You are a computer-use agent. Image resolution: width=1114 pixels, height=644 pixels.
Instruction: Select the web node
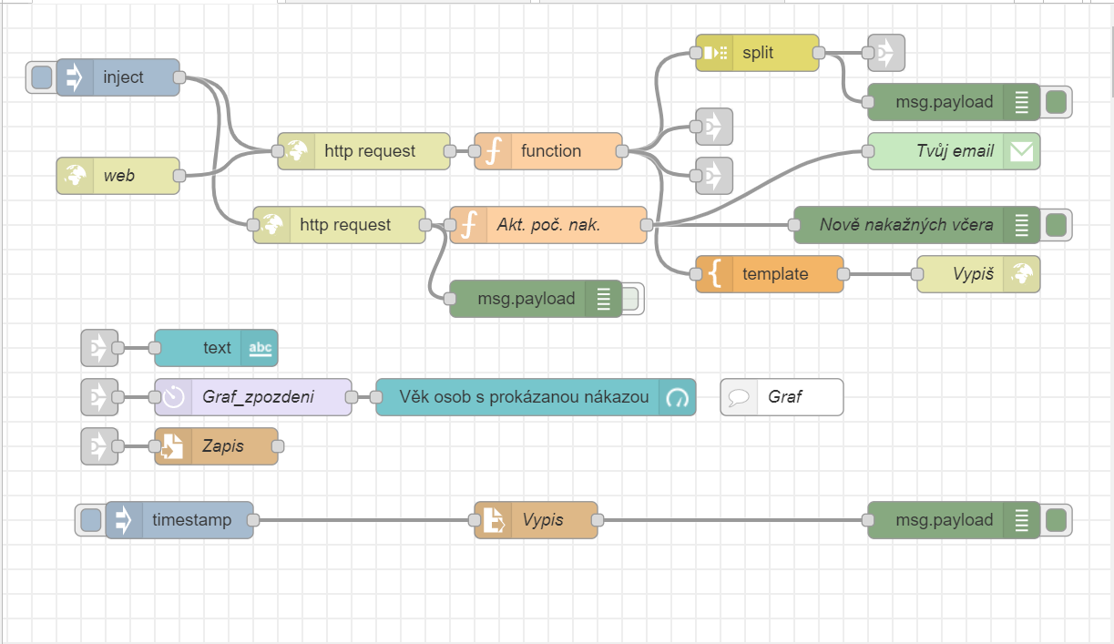point(118,176)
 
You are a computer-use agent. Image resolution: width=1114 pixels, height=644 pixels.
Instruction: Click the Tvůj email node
point(938,151)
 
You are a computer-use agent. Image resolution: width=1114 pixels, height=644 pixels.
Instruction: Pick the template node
point(774,274)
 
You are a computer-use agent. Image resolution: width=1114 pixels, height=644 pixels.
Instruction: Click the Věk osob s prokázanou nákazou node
point(524,397)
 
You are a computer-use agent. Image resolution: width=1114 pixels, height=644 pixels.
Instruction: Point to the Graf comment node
point(783,397)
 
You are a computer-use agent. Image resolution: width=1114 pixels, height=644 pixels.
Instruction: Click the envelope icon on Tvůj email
point(1022,152)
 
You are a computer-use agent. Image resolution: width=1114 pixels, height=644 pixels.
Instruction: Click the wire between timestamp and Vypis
point(364,520)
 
